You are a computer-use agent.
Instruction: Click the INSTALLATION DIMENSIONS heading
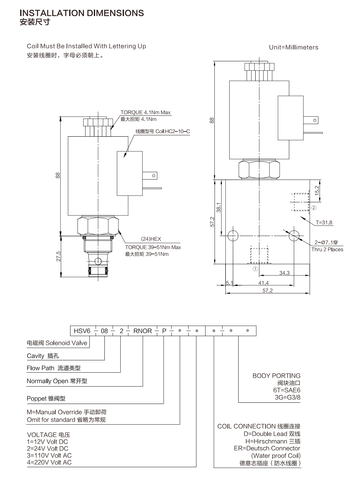point(82,13)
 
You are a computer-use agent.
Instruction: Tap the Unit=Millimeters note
point(293,47)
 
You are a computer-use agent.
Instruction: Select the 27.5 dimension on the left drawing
point(58,256)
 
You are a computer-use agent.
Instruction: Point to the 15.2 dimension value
point(317,190)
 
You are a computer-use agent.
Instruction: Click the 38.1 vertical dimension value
point(218,207)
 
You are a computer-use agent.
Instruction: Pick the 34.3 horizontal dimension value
point(284,273)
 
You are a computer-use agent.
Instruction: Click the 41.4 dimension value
point(264,283)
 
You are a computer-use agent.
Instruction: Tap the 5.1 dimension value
point(229,283)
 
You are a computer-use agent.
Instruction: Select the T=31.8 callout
point(324,223)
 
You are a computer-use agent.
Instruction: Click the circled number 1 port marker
point(255,269)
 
